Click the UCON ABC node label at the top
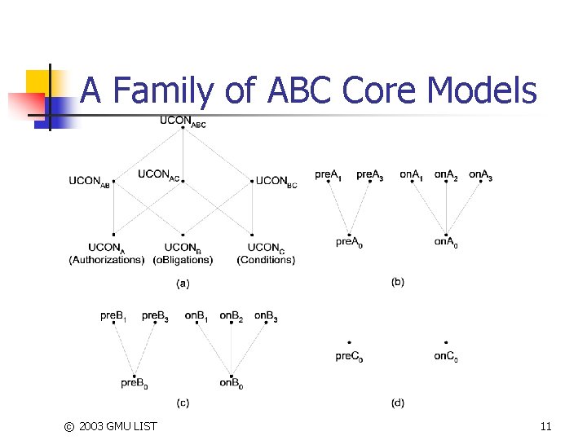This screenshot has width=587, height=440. pyautogui.click(x=183, y=122)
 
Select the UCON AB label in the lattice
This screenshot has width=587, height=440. pyautogui.click(x=89, y=182)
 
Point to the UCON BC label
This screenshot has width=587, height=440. pyautogui.click(x=277, y=182)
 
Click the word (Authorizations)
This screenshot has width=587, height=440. pyautogui.click(x=106, y=260)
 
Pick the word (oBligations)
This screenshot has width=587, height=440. pyautogui.click(x=183, y=260)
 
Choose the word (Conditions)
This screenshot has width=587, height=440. pyautogui.click(x=266, y=260)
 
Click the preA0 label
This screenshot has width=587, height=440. pyautogui.click(x=349, y=242)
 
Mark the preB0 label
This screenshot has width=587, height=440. pyautogui.click(x=135, y=382)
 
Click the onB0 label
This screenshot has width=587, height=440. pyautogui.click(x=231, y=382)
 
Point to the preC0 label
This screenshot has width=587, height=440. pyautogui.click(x=348, y=356)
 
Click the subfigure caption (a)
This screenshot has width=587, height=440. pyautogui.click(x=183, y=284)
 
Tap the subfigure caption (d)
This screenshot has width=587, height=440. pyautogui.click(x=397, y=402)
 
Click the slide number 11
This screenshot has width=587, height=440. pyautogui.click(x=545, y=426)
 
